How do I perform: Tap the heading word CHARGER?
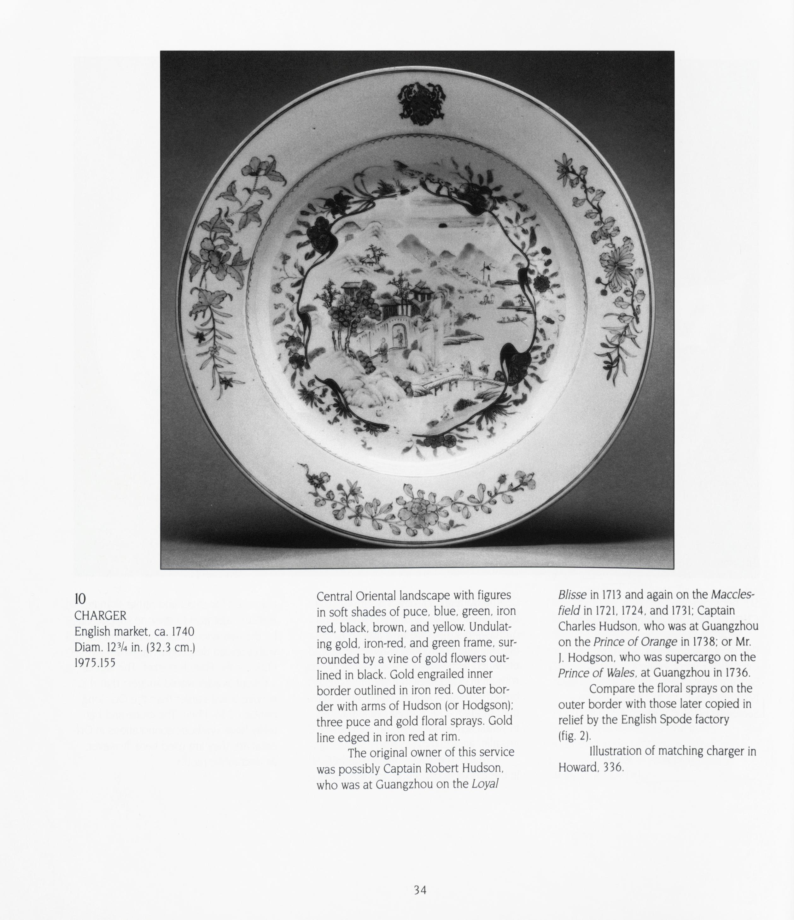(x=100, y=616)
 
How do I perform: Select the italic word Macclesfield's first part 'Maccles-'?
(x=733, y=594)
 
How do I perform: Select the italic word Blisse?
(x=572, y=594)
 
